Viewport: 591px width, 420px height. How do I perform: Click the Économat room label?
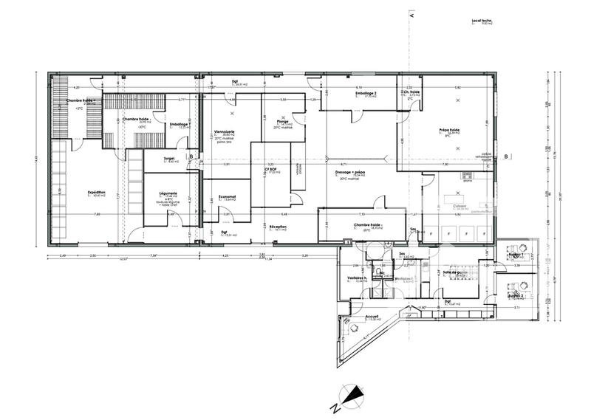[220, 196]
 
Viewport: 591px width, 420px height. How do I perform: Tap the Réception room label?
[278, 227]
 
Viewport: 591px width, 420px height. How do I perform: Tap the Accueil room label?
[372, 316]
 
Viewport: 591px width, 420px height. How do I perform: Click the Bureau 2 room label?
[516, 294]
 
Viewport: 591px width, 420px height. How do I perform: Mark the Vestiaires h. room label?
[358, 278]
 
